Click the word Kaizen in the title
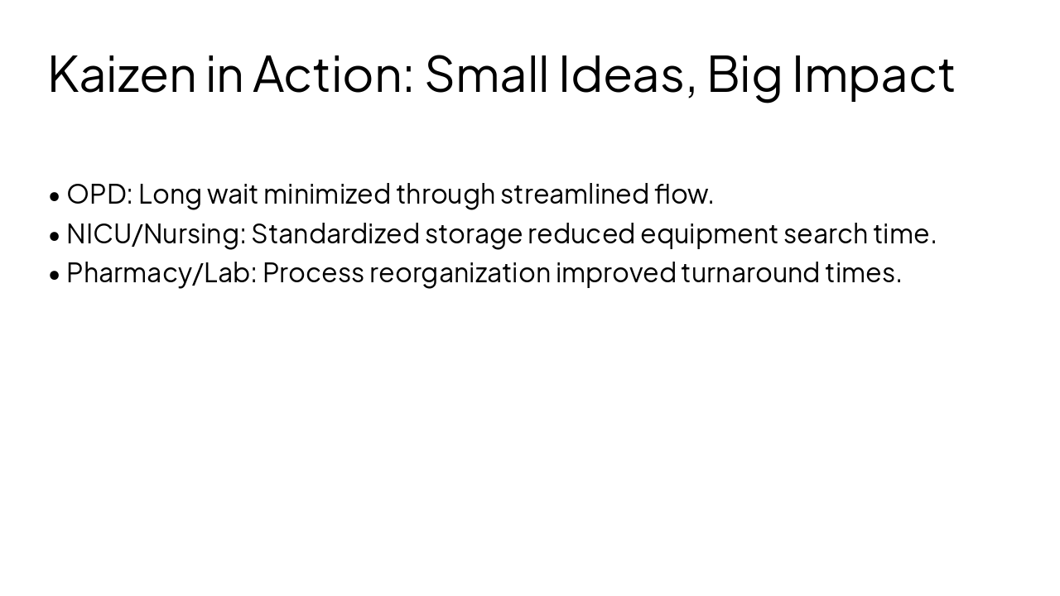point(122,74)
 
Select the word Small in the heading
point(486,74)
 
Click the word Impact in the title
point(874,74)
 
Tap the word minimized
point(327,195)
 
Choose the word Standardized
point(335,234)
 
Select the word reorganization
point(460,273)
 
